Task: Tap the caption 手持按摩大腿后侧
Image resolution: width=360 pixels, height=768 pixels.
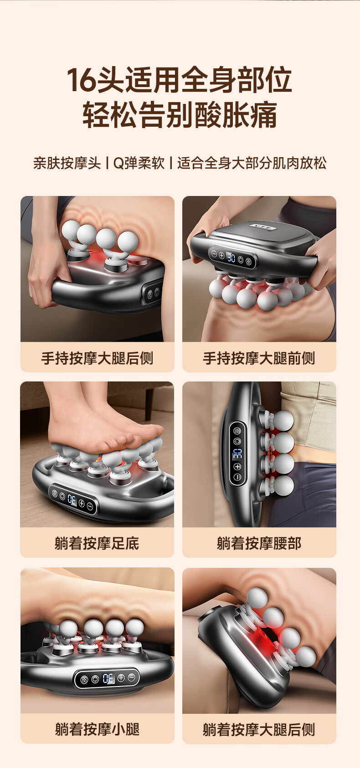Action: click(x=98, y=358)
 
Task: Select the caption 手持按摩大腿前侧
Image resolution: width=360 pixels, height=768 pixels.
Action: click(x=259, y=358)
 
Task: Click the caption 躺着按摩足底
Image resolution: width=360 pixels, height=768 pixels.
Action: click(x=97, y=543)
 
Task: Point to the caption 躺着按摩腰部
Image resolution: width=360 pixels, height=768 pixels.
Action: click(x=259, y=543)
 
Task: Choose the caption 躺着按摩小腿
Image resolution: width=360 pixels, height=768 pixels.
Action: click(x=98, y=729)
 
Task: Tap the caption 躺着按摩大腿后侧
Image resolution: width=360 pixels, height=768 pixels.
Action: click(x=259, y=729)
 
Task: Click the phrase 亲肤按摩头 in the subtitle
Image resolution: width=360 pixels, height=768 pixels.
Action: click(x=67, y=163)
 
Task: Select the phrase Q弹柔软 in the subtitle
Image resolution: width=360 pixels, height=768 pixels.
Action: click(x=139, y=163)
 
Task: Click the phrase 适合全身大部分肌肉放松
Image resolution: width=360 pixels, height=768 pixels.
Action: click(x=252, y=163)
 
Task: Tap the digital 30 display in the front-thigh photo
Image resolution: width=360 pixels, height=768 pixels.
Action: click(x=231, y=258)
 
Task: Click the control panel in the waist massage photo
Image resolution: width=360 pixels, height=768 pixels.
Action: click(x=237, y=453)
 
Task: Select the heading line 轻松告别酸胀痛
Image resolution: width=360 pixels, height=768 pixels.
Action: click(x=180, y=114)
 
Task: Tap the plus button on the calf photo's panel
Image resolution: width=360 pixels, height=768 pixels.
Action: click(x=121, y=678)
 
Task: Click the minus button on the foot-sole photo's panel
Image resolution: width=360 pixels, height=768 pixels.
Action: click(x=90, y=506)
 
